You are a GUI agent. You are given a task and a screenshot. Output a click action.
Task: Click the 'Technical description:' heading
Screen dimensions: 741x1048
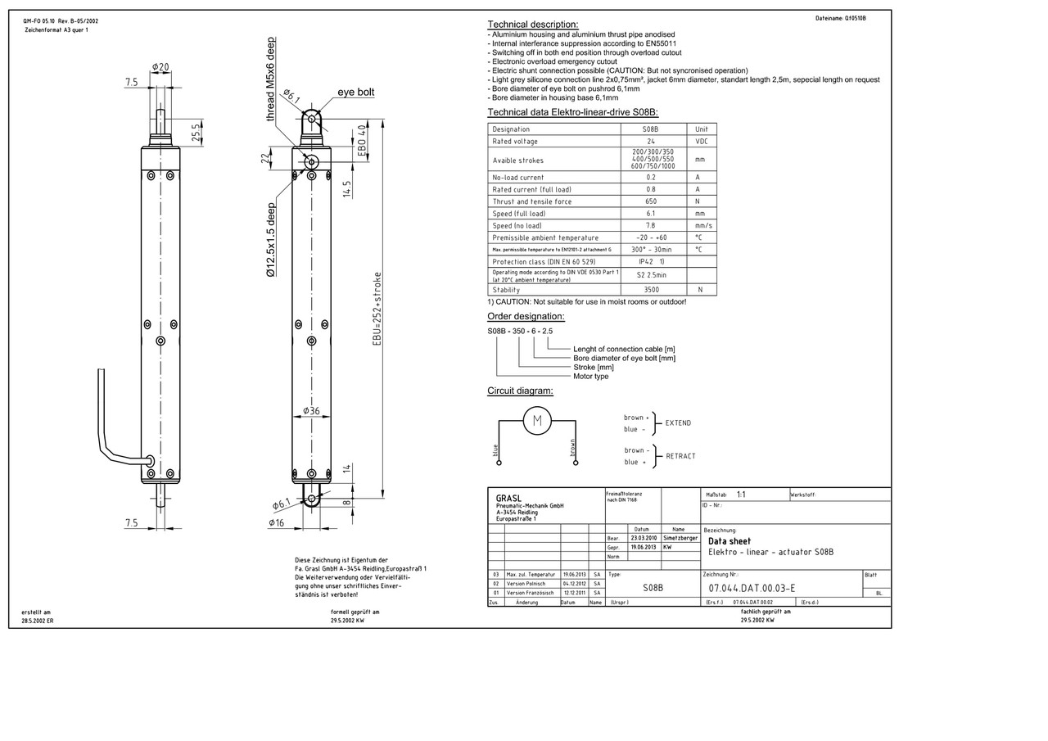click(532, 25)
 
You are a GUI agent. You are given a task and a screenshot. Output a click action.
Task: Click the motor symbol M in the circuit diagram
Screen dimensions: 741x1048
click(537, 421)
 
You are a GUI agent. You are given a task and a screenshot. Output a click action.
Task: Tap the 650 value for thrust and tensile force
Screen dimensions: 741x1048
click(651, 201)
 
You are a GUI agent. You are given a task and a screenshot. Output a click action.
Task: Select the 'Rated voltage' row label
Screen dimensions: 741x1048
click(515, 142)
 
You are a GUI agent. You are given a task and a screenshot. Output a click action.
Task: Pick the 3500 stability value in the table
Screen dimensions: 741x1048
click(651, 290)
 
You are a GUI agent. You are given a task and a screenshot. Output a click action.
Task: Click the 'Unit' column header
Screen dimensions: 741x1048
click(701, 129)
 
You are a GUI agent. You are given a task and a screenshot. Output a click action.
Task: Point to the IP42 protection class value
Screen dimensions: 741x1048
click(651, 262)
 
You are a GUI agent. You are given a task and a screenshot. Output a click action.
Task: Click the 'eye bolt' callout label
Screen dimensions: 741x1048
click(355, 93)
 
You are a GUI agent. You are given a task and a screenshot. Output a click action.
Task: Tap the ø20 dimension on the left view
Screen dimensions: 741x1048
click(160, 67)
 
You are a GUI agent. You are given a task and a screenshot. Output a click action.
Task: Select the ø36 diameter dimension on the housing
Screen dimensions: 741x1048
click(311, 410)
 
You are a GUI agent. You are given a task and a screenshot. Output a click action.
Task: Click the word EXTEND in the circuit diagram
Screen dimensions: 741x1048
click(678, 423)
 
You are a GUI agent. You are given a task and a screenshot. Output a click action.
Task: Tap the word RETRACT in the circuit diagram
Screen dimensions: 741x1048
click(680, 456)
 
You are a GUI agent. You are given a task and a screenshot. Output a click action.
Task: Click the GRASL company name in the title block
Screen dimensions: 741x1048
click(508, 498)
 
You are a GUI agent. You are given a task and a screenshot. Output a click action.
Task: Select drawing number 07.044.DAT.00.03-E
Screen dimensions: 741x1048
click(752, 588)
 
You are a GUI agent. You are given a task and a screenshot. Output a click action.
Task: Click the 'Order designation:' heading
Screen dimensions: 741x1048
click(526, 317)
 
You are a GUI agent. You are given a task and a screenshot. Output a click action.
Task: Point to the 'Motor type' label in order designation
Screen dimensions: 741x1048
click(590, 377)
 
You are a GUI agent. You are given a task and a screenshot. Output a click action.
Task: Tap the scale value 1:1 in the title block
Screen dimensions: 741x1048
click(741, 495)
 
